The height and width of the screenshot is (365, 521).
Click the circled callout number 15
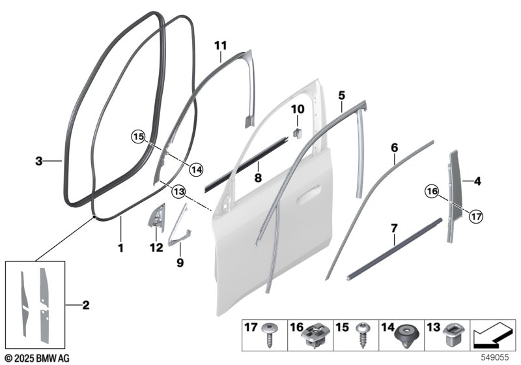pyautogui.click(x=139, y=137)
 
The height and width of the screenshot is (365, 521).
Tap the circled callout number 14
pyautogui.click(x=196, y=170)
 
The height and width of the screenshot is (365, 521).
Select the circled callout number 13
pyautogui.click(x=178, y=192)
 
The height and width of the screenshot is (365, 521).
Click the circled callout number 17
pyautogui.click(x=476, y=217)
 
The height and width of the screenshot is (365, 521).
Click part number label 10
pyautogui.click(x=298, y=109)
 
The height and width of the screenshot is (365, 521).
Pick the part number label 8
pyautogui.click(x=258, y=178)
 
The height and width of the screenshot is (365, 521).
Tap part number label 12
pyautogui.click(x=156, y=248)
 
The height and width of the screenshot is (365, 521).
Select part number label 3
pyautogui.click(x=39, y=161)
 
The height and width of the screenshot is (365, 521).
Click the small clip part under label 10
pyautogui.click(x=297, y=132)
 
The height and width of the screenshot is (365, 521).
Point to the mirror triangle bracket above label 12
pyautogui.click(x=156, y=217)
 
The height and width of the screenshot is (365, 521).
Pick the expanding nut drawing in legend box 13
pyautogui.click(x=453, y=335)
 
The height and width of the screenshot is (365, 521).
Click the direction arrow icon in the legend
pyautogui.click(x=493, y=335)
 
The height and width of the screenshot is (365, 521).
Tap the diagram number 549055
pyautogui.click(x=495, y=358)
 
